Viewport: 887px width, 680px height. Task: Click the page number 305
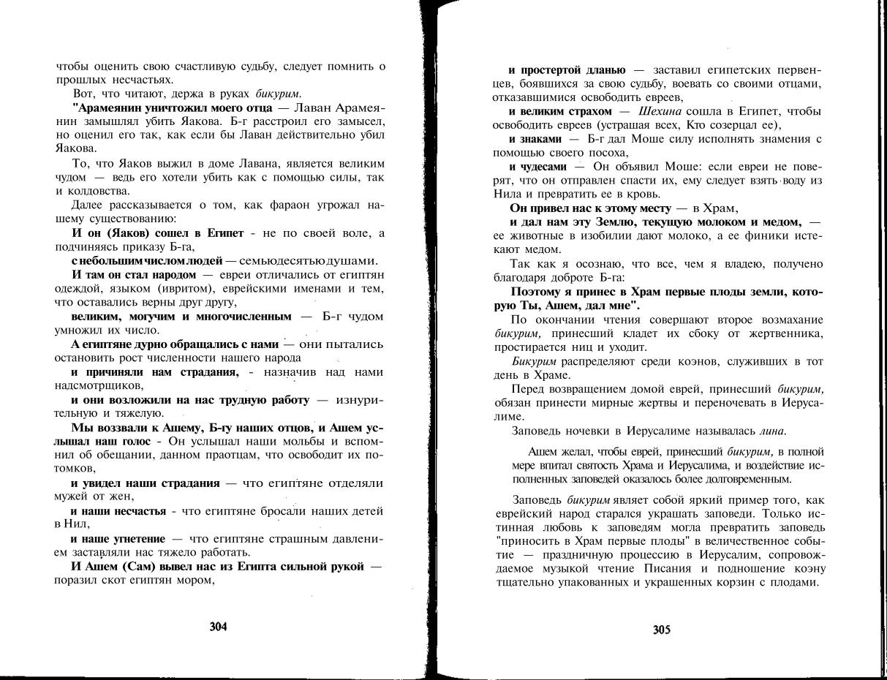click(661, 630)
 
